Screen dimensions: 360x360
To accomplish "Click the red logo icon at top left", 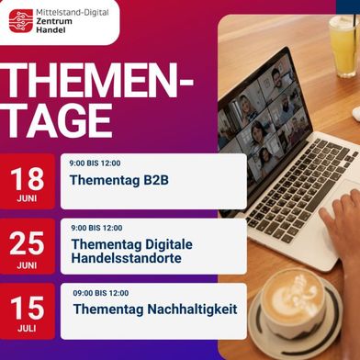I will tap(21, 20).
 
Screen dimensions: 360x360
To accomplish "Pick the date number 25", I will tap(28, 242).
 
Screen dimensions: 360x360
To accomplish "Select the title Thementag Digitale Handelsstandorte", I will tap(125, 251).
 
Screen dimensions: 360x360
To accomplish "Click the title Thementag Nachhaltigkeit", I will tap(154, 309).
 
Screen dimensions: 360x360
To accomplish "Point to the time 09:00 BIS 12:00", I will tap(101, 292).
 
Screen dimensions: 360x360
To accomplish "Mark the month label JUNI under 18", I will tap(28, 197).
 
